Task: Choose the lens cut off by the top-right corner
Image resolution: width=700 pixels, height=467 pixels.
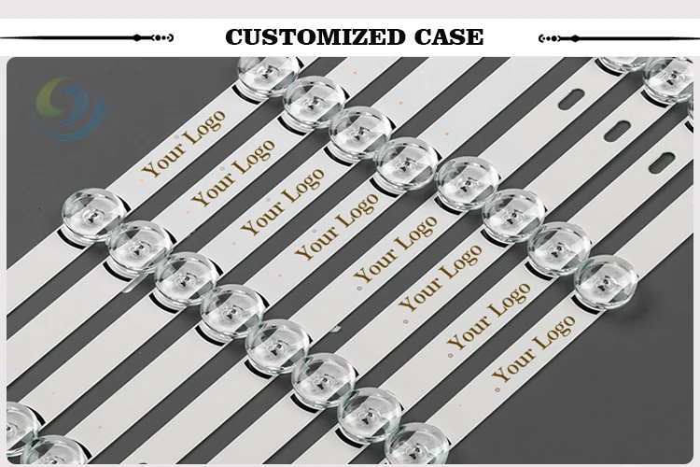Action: pos(668,75)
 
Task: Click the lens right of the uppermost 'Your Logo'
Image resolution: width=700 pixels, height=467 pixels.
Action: pos(268,73)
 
